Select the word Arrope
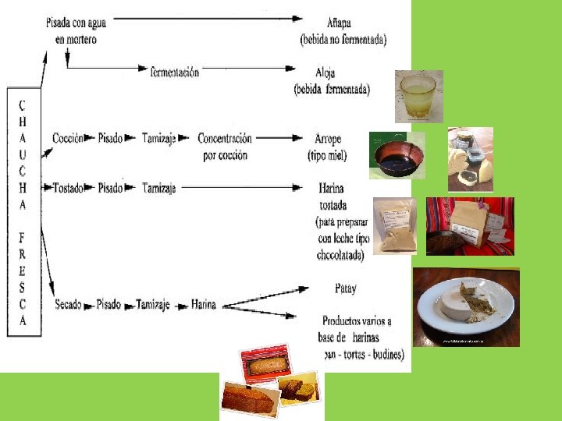coord(325,139)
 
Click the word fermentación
coord(175,73)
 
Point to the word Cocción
coord(68,139)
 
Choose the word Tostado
coord(69,188)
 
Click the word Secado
coord(68,304)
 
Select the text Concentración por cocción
coord(225,146)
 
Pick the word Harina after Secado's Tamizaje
coord(204,304)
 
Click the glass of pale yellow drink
coord(418,97)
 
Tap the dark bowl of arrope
coord(397,156)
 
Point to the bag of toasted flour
coord(395,226)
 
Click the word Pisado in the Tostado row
coord(110,188)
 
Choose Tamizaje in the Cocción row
coord(159,139)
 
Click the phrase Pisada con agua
coord(76,23)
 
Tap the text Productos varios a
coord(356,320)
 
